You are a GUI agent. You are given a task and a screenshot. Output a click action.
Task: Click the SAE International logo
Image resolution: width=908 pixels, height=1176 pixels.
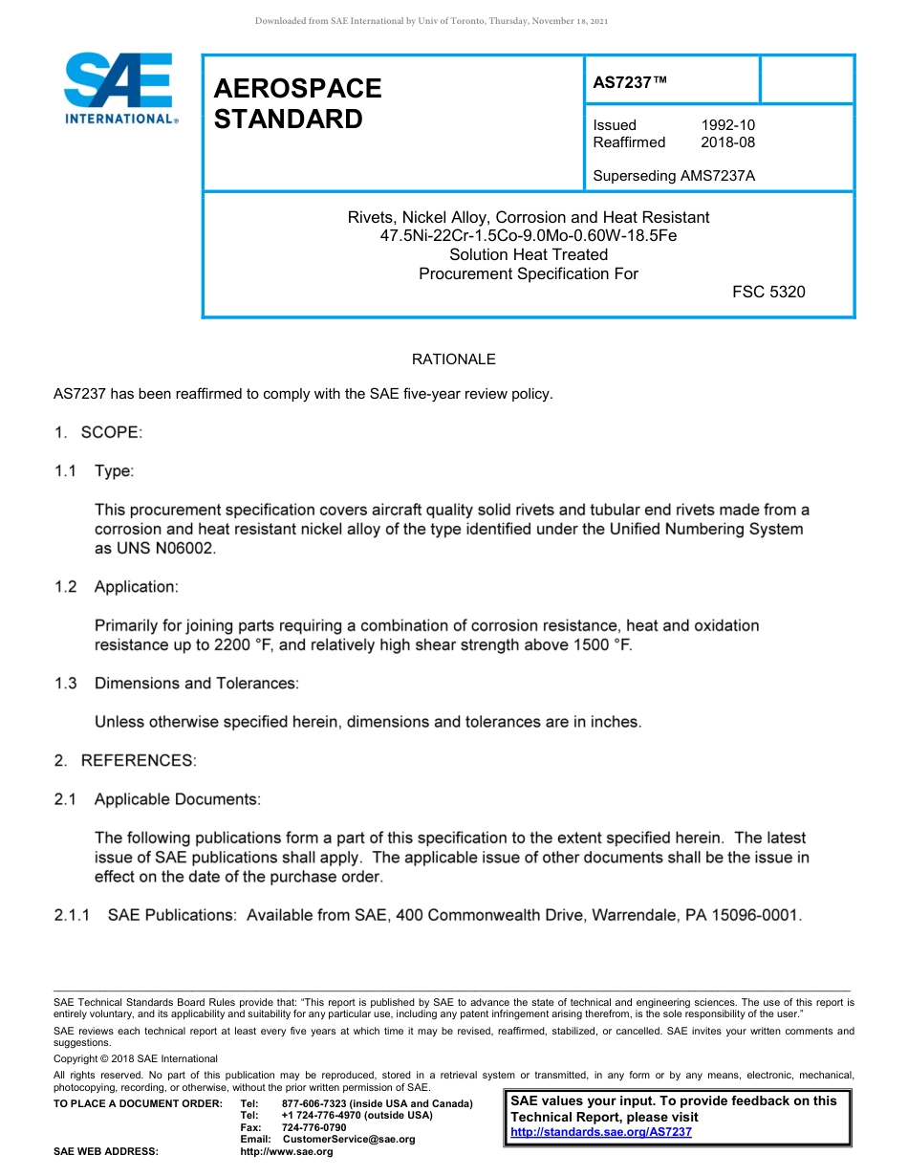pos(119,88)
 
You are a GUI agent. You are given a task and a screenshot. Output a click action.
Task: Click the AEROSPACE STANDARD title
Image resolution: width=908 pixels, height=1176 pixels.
pos(297,103)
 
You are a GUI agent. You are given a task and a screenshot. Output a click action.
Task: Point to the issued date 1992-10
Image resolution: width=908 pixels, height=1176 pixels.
pos(728,125)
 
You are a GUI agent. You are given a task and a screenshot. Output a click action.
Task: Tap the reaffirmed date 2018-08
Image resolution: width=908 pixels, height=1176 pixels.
pos(728,142)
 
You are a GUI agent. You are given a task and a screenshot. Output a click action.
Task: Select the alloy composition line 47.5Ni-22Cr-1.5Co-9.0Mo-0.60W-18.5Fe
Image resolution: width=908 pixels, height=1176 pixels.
pos(528,235)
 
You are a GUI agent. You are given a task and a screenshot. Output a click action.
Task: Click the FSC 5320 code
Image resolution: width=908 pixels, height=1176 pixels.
pos(768,292)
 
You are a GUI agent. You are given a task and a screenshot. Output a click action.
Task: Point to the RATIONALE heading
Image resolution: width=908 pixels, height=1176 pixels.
pos(453,359)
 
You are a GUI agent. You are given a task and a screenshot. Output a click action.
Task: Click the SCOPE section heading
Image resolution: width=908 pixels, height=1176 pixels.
pos(111,432)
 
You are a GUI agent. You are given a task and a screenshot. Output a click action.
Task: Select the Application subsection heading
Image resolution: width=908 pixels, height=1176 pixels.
pos(136,586)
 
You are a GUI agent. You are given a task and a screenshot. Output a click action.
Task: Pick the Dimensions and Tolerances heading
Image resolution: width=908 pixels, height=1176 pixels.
pos(196,683)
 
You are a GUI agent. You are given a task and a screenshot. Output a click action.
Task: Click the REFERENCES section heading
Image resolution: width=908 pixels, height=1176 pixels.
pos(139,760)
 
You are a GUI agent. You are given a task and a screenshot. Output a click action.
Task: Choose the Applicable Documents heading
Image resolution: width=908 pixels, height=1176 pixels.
pos(176,798)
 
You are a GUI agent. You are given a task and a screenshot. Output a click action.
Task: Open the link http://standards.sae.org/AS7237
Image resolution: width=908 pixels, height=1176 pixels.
pos(601,1132)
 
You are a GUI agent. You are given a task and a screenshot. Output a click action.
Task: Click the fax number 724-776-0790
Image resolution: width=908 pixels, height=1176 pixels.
pos(313,1127)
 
